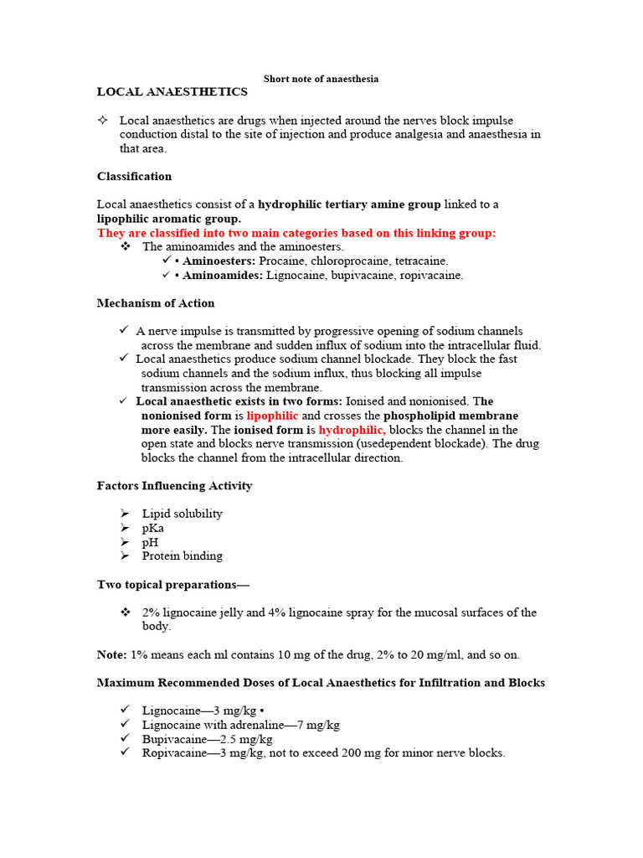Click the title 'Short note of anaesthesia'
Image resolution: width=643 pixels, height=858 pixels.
click(x=321, y=79)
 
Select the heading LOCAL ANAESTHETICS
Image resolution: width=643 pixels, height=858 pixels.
click(x=172, y=91)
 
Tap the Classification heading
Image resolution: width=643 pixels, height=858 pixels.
click(x=134, y=176)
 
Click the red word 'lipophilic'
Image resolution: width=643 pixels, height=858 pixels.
click(x=272, y=416)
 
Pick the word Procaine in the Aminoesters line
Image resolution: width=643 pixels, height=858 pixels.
click(x=282, y=261)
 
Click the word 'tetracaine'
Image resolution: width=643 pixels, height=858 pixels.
click(x=420, y=261)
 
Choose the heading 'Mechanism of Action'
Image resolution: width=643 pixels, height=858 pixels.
click(x=156, y=303)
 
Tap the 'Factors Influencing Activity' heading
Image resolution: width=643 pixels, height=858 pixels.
click(x=174, y=486)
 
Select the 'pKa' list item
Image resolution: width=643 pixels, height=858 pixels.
click(x=153, y=528)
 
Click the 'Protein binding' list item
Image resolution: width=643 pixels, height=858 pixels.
click(x=183, y=556)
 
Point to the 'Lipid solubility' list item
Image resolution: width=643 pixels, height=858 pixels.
click(x=183, y=514)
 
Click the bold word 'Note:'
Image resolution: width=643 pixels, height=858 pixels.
click(x=112, y=654)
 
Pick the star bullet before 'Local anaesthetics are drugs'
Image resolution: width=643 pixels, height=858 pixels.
click(x=103, y=121)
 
